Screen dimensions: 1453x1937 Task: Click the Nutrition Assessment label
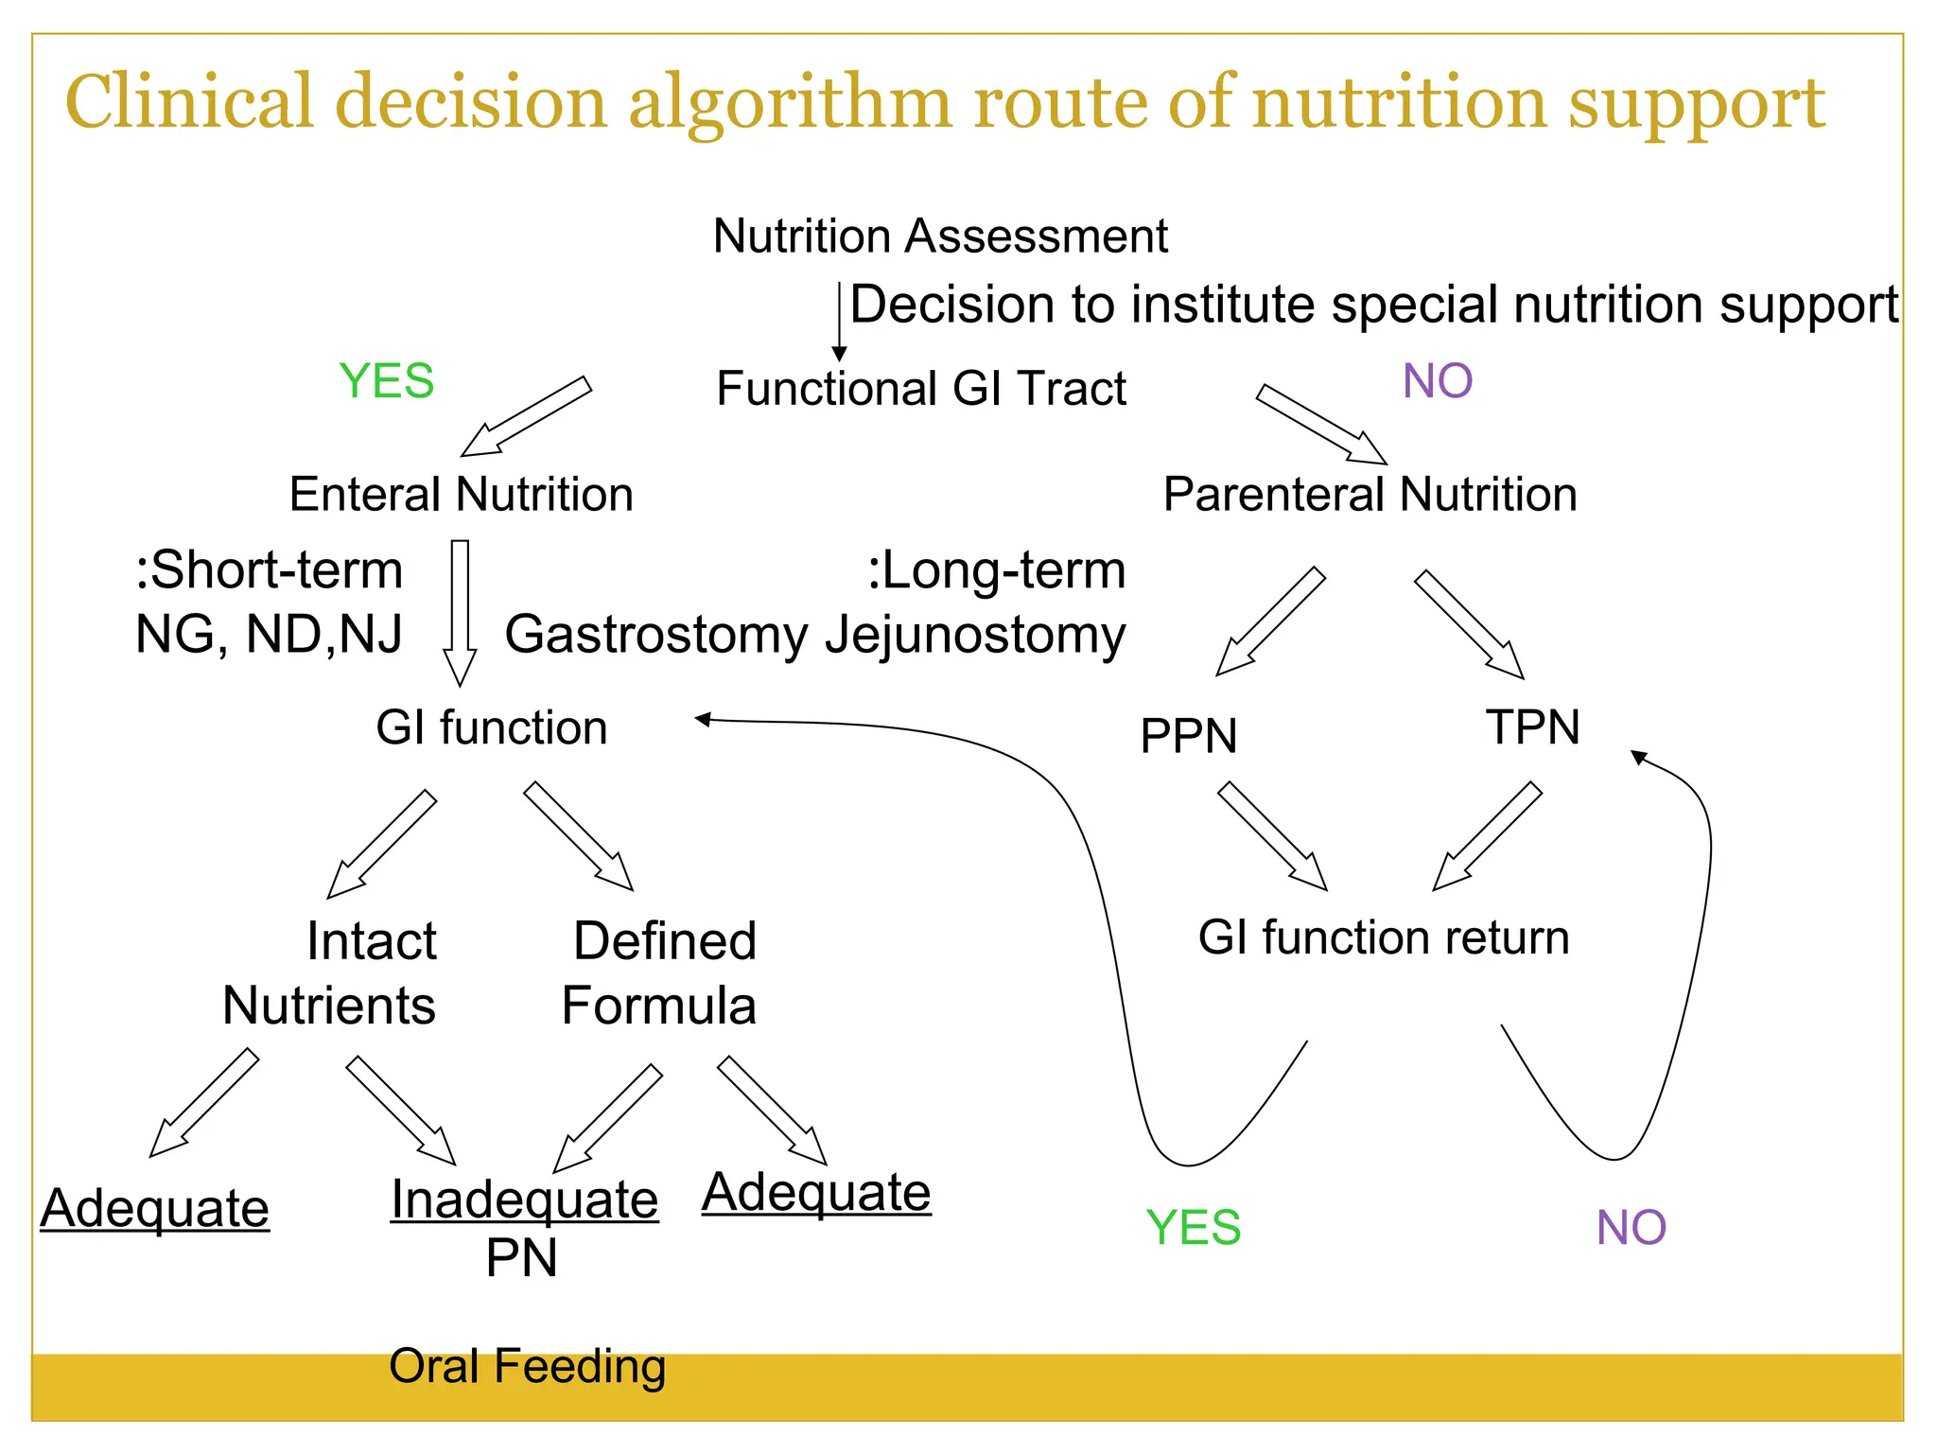tap(940, 236)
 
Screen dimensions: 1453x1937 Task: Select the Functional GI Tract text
tap(921, 389)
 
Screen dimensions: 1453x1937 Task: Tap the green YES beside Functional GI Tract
tap(387, 381)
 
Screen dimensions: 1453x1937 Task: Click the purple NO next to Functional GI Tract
tap(1437, 381)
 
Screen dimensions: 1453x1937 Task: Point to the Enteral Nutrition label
tap(461, 494)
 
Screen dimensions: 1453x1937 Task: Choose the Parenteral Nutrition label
tap(1370, 494)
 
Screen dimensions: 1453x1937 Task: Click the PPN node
tap(1188, 736)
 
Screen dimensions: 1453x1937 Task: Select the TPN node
tap(1532, 727)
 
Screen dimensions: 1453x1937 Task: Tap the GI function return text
tap(1383, 937)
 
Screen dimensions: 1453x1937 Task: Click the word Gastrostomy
tap(656, 635)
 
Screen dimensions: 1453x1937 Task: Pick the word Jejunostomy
tap(975, 635)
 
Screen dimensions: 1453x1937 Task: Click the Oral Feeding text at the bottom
tap(527, 1366)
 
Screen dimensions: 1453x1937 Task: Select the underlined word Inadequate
tap(524, 1199)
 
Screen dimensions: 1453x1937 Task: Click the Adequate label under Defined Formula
tap(816, 1192)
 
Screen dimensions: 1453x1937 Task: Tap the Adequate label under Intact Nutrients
tap(155, 1208)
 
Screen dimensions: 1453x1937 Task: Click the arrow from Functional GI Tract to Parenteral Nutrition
tap(1320, 425)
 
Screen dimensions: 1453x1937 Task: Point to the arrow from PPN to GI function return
tap(1272, 836)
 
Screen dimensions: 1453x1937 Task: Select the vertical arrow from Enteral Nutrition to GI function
tap(460, 610)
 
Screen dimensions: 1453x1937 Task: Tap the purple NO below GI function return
tap(1631, 1228)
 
